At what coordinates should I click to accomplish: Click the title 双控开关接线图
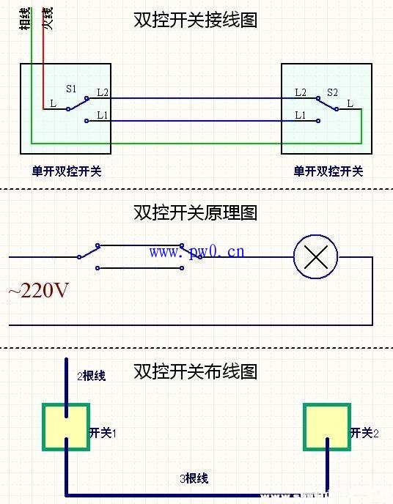[x=196, y=20]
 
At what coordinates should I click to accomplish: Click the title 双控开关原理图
[x=196, y=212]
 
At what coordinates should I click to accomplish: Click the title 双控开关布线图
[x=196, y=371]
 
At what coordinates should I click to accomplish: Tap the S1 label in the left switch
[x=71, y=89]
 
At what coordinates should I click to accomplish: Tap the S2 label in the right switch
[x=332, y=93]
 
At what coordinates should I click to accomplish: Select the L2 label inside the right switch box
[x=301, y=93]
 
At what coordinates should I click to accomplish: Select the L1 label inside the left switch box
[x=102, y=116]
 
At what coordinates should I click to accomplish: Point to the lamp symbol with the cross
[x=315, y=257]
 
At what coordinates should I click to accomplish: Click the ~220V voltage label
[x=38, y=291]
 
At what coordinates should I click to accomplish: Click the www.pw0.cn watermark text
[x=197, y=252]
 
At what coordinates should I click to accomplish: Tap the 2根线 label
[x=92, y=376]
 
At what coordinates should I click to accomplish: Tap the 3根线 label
[x=194, y=478]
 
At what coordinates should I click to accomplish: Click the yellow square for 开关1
[x=65, y=426]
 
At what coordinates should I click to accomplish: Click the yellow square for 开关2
[x=326, y=426]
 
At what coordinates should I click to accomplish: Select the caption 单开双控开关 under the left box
[x=66, y=171]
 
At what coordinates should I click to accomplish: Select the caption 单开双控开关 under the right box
[x=328, y=171]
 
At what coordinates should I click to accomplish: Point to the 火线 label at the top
[x=47, y=18]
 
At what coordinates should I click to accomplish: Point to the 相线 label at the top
[x=26, y=18]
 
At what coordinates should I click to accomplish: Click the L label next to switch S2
[x=350, y=104]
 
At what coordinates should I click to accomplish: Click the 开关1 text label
[x=103, y=434]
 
